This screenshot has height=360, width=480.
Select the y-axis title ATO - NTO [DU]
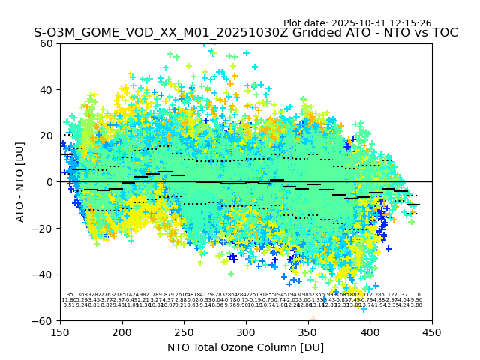pyautogui.click(x=21, y=181)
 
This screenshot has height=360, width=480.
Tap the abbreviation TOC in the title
pyautogui.click(x=442, y=33)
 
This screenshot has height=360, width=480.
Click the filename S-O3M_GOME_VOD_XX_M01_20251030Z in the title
pyautogui.click(x=150, y=33)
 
